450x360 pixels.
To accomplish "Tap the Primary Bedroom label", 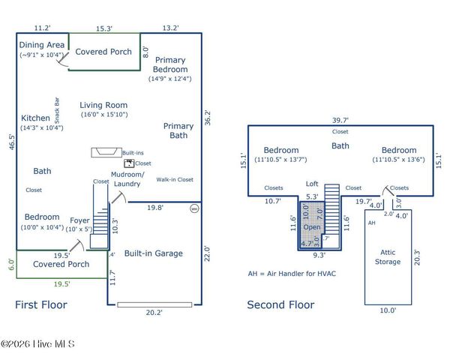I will (x=171, y=64).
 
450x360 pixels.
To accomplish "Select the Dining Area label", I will (x=40, y=45).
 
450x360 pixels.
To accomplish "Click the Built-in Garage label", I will (x=154, y=253).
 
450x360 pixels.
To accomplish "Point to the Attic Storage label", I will (x=388, y=257).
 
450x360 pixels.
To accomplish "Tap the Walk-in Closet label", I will (x=175, y=180).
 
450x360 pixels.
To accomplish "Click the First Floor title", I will (x=41, y=304).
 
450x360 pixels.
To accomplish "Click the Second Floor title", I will (x=281, y=304).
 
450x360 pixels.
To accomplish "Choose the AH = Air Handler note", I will (x=292, y=273).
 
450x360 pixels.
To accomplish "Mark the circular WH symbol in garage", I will (x=194, y=208).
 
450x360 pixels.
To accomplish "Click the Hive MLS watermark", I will (x=37, y=344).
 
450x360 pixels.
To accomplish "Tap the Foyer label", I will (x=80, y=220).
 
